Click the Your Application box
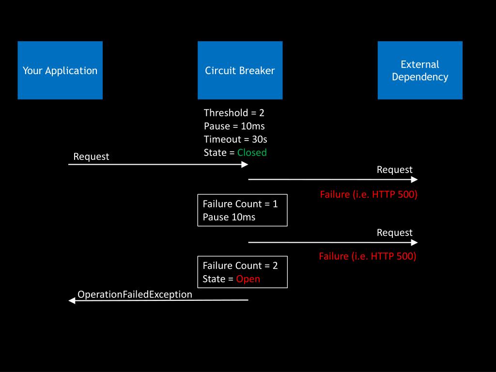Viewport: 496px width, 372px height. click(x=60, y=70)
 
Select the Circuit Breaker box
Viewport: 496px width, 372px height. click(x=240, y=70)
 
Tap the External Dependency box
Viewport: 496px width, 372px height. click(x=420, y=70)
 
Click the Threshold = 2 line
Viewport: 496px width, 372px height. click(x=234, y=113)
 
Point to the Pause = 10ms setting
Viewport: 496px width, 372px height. click(x=234, y=126)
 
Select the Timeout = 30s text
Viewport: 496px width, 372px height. click(x=236, y=139)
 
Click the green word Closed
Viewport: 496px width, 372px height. click(x=252, y=153)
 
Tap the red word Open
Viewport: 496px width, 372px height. click(x=248, y=279)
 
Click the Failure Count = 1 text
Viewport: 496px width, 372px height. click(x=240, y=204)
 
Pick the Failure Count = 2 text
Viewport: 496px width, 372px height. click(x=240, y=266)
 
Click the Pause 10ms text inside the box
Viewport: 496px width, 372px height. click(x=229, y=217)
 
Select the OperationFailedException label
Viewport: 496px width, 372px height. click(x=135, y=294)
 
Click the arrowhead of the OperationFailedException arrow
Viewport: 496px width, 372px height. click(x=72, y=300)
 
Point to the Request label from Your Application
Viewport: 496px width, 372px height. click(x=91, y=156)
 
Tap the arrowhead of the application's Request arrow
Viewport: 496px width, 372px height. click(x=245, y=165)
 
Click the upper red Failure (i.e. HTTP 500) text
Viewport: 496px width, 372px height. click(x=369, y=194)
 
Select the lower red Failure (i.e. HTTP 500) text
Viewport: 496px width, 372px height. click(x=368, y=256)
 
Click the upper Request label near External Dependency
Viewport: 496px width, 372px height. click(x=394, y=170)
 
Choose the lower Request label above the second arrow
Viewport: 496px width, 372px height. click(x=394, y=232)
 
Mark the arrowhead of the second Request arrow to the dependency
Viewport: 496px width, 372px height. click(x=415, y=243)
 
